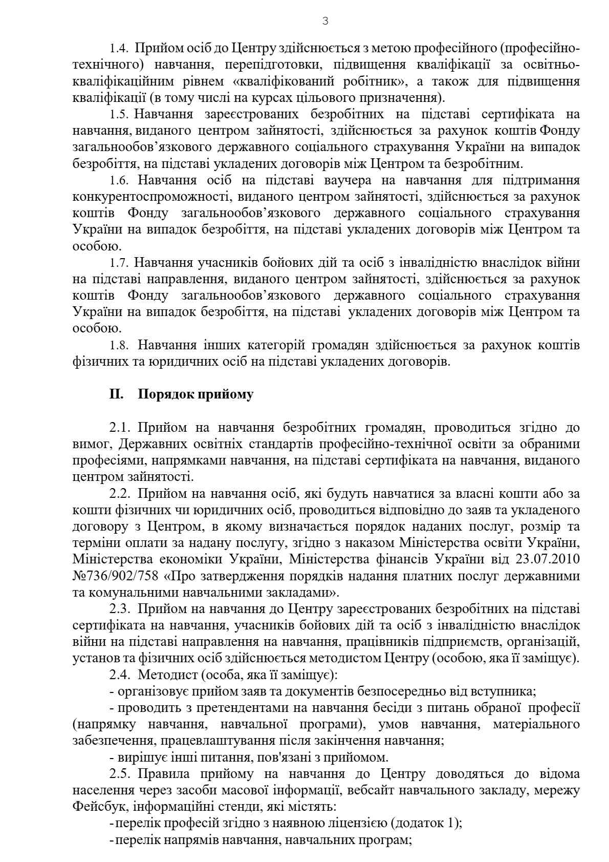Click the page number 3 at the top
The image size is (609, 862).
pyautogui.click(x=325, y=21)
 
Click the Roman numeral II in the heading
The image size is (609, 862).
pyautogui.click(x=116, y=394)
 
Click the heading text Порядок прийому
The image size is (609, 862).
pyautogui.click(x=195, y=395)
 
